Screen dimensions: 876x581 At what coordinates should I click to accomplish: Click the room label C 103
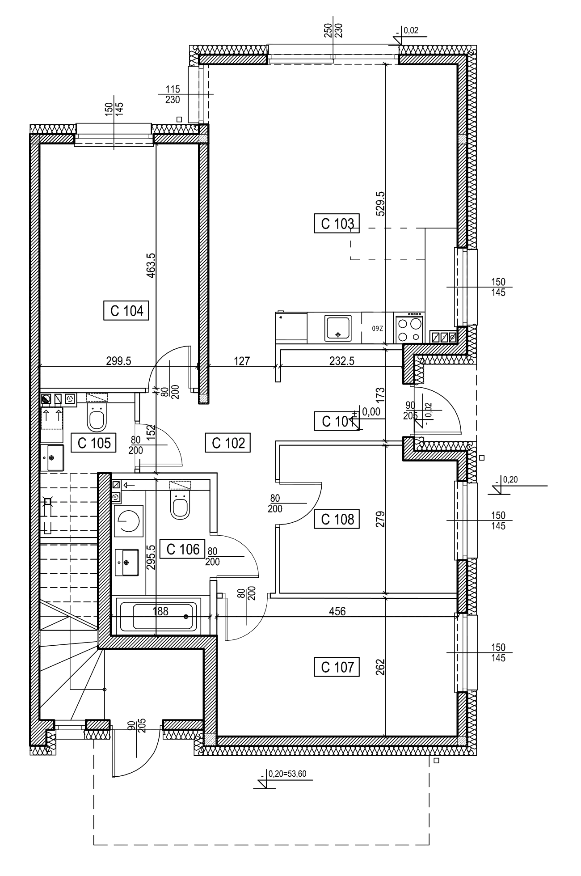coord(339,224)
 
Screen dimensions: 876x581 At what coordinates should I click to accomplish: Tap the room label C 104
coord(127,311)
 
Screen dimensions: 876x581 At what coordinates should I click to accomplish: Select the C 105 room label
coord(94,443)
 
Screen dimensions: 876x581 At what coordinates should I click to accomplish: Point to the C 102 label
coord(228,443)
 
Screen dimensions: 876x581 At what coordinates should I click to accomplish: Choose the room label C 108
coord(338,519)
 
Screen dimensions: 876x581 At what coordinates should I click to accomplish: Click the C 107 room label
coord(338,667)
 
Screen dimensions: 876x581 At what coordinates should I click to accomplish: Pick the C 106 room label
coord(182,549)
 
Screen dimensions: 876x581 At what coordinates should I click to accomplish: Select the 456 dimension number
coord(337,611)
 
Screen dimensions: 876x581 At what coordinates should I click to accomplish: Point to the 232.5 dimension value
coord(341,361)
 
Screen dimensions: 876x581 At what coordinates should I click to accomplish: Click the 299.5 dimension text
coord(118,361)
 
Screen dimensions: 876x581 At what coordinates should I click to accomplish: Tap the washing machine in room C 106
coord(128,521)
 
